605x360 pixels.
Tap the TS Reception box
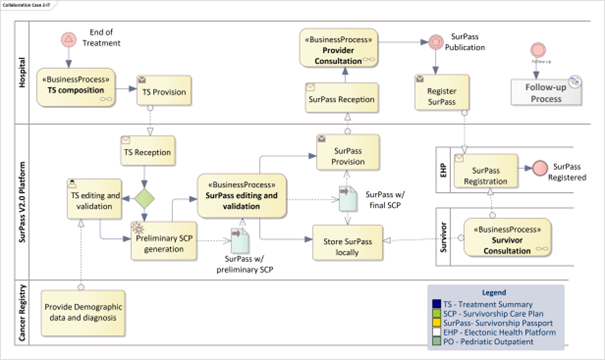pyautogui.click(x=147, y=155)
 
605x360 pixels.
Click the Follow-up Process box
pyautogui.click(x=544, y=93)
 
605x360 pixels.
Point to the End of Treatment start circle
pyautogui.click(x=69, y=39)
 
